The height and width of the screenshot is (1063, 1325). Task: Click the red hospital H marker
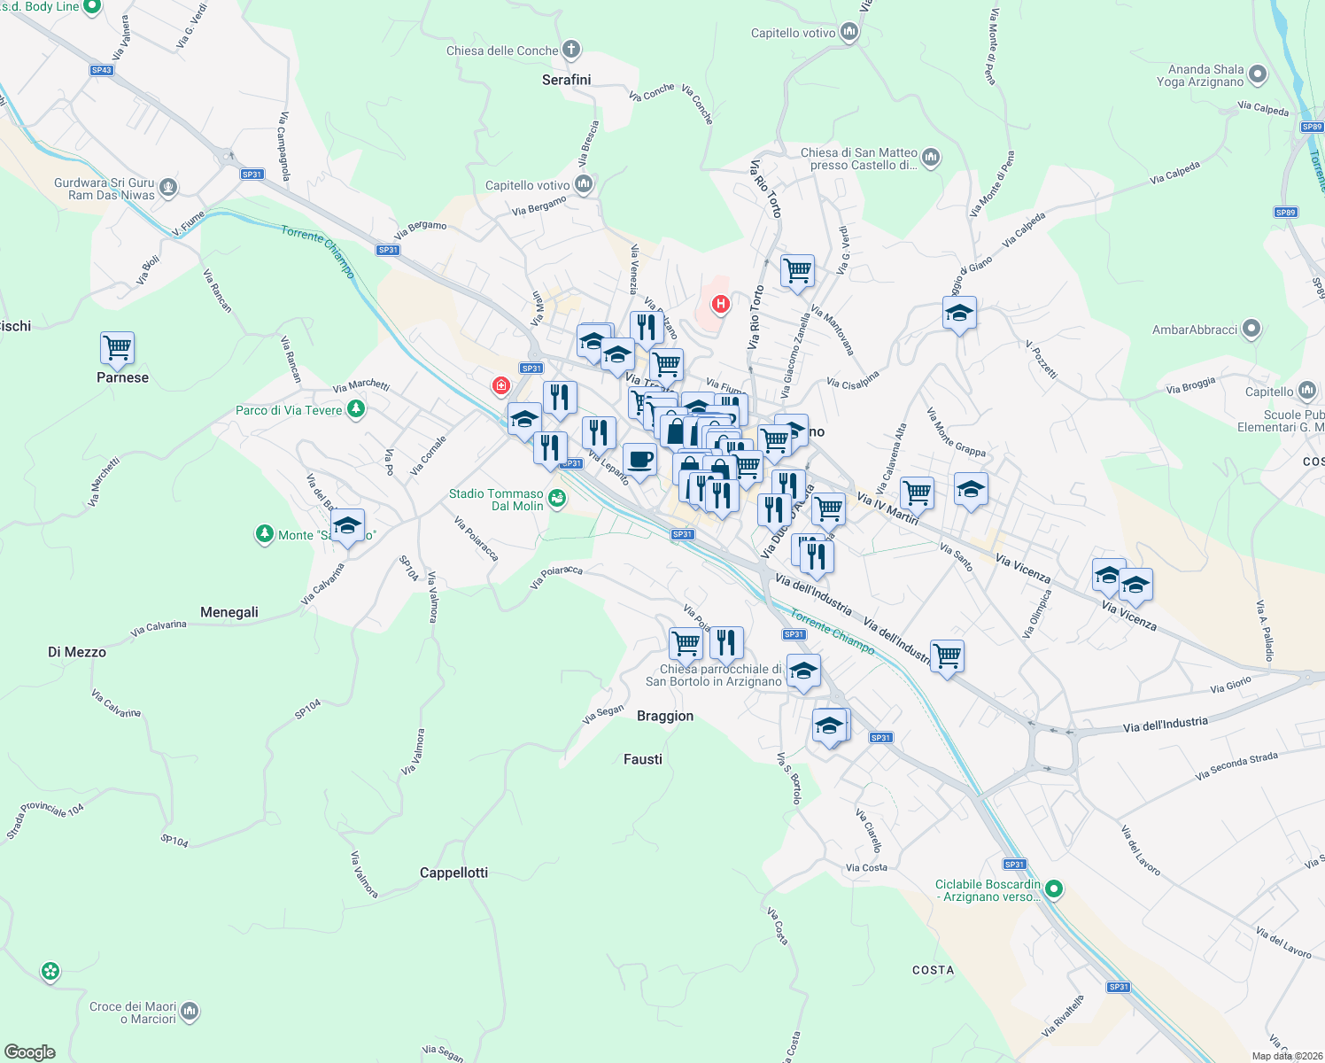click(721, 305)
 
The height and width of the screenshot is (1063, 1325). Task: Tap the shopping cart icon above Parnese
click(117, 347)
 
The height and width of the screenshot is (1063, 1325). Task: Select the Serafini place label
click(566, 80)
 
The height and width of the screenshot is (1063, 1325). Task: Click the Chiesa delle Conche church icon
click(571, 50)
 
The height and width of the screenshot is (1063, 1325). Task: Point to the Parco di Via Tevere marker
click(356, 409)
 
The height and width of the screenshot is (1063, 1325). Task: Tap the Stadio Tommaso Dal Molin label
click(496, 500)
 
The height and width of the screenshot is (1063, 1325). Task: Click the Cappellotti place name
click(453, 873)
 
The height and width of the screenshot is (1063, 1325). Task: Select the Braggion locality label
click(665, 716)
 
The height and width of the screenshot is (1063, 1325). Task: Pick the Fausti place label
click(643, 759)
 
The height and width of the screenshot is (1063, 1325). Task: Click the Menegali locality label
click(229, 612)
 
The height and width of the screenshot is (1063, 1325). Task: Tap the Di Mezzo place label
click(77, 652)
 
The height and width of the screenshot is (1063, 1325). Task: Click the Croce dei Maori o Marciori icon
click(190, 1012)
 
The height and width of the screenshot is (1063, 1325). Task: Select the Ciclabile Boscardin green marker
click(1053, 889)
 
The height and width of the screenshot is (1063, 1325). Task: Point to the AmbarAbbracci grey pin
click(1251, 330)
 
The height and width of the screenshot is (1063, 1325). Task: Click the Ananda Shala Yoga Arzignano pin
click(1258, 75)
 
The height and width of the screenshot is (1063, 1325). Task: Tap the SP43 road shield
click(102, 70)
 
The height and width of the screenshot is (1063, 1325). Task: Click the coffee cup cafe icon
click(639, 460)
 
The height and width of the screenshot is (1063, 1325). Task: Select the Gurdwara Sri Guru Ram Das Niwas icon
click(168, 188)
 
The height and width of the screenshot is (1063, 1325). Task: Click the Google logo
click(30, 1051)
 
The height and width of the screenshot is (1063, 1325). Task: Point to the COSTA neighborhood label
click(934, 970)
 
